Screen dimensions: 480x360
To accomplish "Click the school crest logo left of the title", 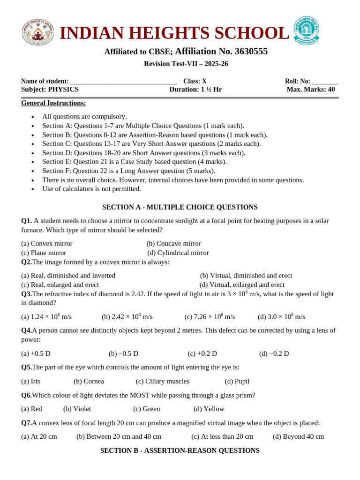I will click(x=38, y=32).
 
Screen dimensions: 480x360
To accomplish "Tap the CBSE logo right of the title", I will click(x=306, y=31).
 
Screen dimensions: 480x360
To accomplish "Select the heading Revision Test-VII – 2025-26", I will click(x=186, y=64).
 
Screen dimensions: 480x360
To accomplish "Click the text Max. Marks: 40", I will click(x=311, y=90).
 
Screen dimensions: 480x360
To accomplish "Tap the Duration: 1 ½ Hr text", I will click(x=195, y=90).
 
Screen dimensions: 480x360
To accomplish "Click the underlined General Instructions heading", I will click(x=53, y=103).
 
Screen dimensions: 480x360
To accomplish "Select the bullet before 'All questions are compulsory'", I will click(x=32, y=117).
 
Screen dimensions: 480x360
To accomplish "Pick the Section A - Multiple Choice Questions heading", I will click(x=180, y=207).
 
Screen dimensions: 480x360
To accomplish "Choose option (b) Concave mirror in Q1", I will click(x=173, y=244).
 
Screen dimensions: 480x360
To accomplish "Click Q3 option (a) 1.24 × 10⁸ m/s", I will click(x=46, y=317).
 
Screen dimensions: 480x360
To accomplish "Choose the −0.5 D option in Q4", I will click(x=123, y=353).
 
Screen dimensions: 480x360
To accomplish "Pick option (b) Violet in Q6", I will click(x=77, y=409).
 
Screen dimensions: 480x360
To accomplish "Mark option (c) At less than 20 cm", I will click(x=222, y=436).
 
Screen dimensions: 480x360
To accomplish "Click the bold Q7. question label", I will click(x=26, y=423).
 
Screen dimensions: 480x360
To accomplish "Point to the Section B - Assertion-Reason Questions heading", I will click(x=180, y=450).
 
